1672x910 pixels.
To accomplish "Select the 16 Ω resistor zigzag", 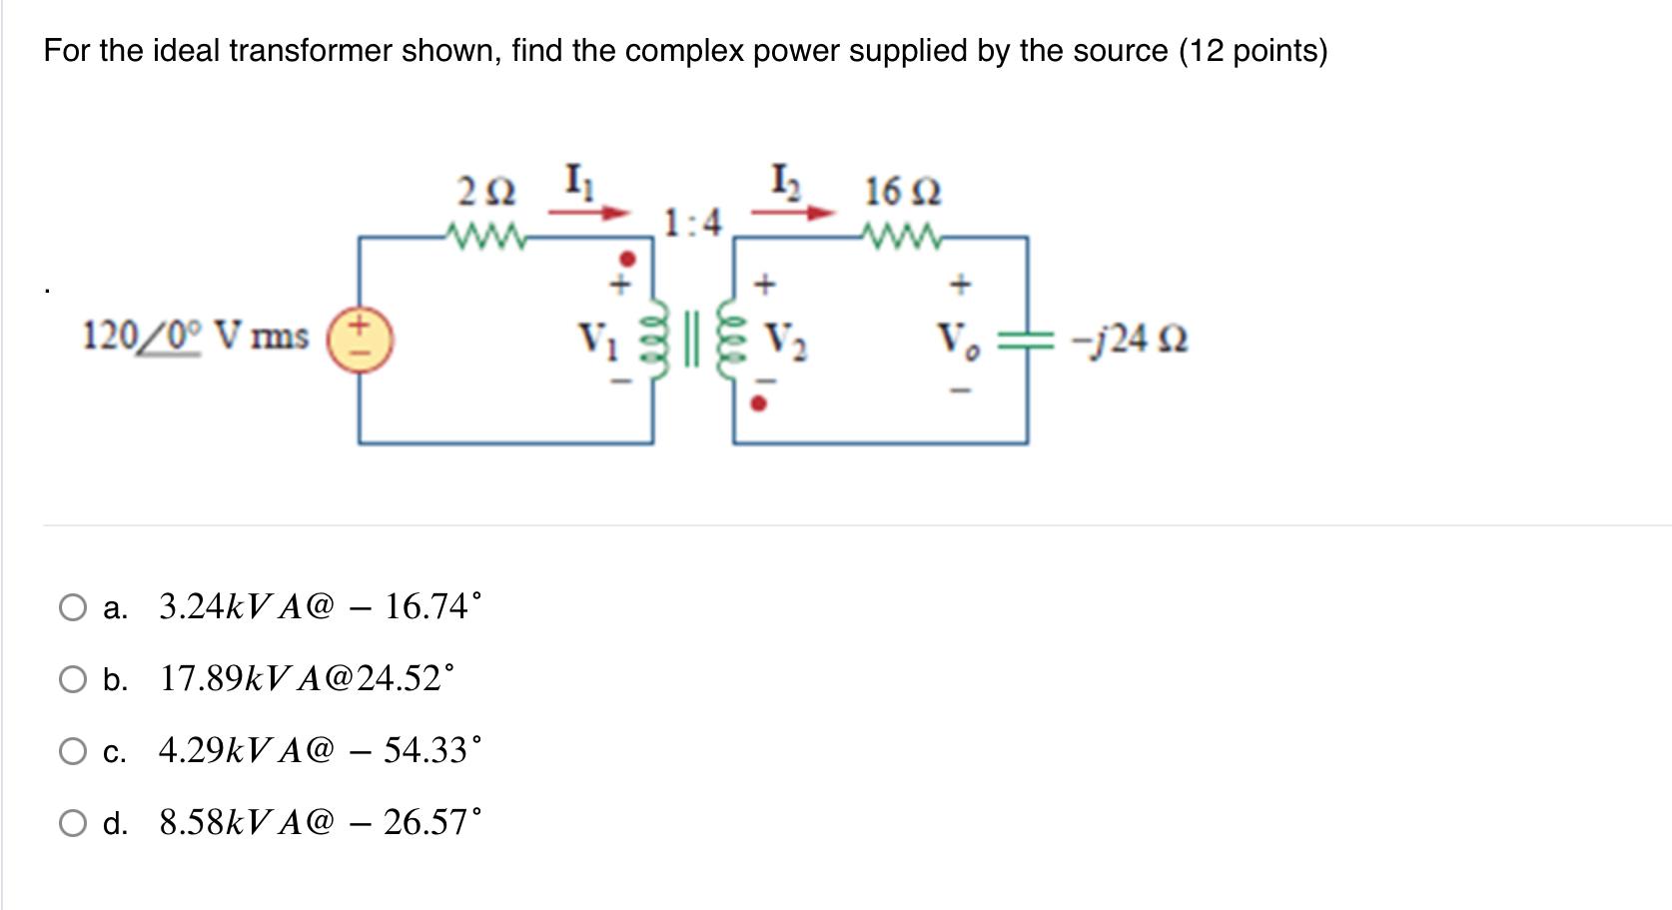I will tap(902, 237).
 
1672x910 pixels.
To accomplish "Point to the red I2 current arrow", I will tap(793, 212).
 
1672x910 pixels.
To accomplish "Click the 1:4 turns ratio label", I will tap(692, 222).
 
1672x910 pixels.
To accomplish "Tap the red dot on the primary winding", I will tap(627, 258).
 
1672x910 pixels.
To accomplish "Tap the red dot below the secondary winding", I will tap(759, 405).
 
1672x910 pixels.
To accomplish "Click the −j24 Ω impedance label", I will tap(1129, 340).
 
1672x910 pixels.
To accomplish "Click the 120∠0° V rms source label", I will tap(196, 337).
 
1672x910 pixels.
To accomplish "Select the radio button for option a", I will tap(73, 607).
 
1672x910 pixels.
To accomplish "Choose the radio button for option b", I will tap(73, 679).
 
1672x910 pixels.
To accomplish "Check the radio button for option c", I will tap(73, 751).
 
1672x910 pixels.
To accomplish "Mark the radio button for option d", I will tap(73, 823).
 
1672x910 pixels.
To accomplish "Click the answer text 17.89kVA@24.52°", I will tap(306, 679).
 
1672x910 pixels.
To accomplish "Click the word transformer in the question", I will tap(311, 50).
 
